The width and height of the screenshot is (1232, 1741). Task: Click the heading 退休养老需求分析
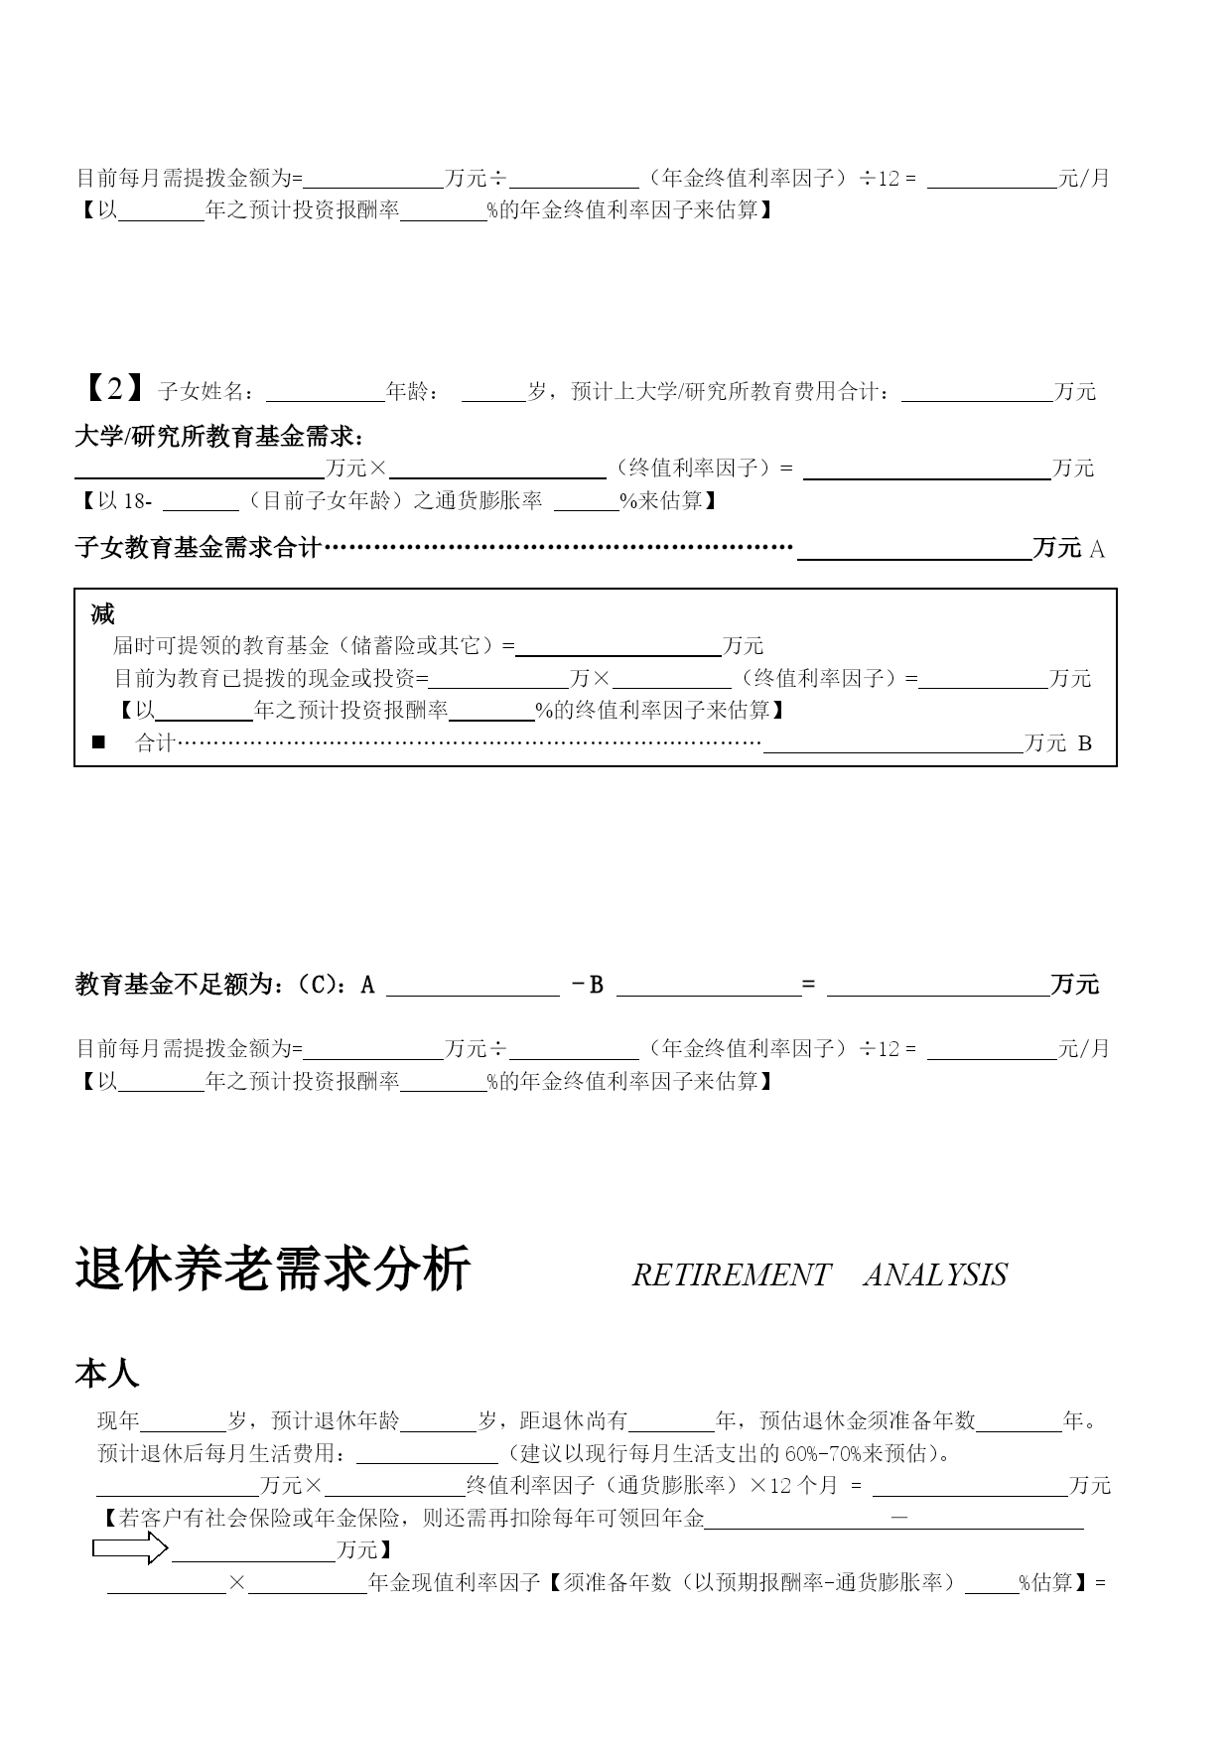pos(272,1271)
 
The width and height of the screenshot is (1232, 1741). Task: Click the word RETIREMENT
pos(731,1275)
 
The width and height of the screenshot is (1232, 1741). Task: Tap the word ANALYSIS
pos(935,1275)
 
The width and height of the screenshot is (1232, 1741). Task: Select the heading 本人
pos(107,1374)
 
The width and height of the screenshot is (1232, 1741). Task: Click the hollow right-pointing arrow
pos(130,1547)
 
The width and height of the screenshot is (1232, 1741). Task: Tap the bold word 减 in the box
pos(102,614)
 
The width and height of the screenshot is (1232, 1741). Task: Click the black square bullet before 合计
pos(98,742)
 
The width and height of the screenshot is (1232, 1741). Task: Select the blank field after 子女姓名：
pos(325,392)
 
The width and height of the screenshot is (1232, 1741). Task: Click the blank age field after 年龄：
pos(493,392)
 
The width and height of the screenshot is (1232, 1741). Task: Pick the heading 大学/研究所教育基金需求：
pos(219,437)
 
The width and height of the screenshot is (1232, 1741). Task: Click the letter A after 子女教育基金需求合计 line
pos(1097,549)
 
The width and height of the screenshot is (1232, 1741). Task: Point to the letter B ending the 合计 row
pos(1084,743)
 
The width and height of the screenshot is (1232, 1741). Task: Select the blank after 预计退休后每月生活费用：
pos(427,1454)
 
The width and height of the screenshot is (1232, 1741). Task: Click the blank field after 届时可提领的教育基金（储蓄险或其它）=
pos(618,647)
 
